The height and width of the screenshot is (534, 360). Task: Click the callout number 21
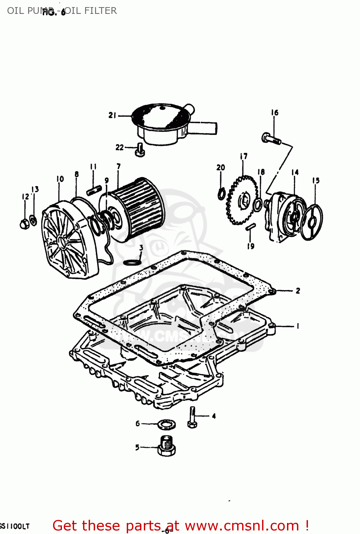[112, 115]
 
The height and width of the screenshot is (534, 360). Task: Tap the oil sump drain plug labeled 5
[166, 446]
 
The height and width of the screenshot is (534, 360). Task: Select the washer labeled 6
[166, 424]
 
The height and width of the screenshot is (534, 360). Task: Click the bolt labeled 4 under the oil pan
[192, 418]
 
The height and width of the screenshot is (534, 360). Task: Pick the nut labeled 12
[25, 224]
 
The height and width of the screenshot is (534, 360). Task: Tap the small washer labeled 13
[33, 221]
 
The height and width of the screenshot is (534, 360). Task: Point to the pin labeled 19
[250, 227]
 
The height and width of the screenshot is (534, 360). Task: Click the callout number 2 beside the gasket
[298, 291]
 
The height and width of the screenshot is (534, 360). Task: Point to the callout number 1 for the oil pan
[298, 326]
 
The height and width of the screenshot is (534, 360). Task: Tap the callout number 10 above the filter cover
[60, 179]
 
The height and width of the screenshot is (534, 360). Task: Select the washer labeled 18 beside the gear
[258, 205]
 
